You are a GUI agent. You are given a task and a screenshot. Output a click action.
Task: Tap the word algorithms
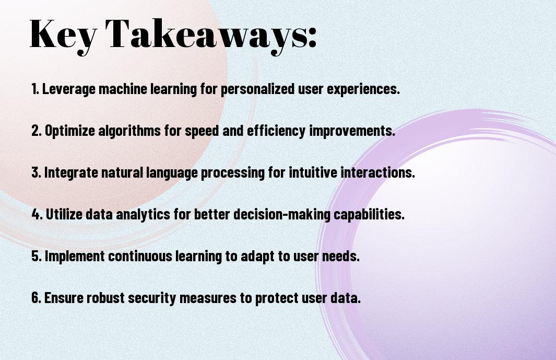tap(129, 131)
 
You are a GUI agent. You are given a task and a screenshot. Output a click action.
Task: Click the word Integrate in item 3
tap(71, 172)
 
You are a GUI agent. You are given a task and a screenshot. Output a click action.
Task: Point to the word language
tap(172, 173)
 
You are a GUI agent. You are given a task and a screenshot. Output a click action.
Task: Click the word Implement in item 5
tap(75, 256)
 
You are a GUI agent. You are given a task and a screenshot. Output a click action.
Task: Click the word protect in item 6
tap(277, 298)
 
